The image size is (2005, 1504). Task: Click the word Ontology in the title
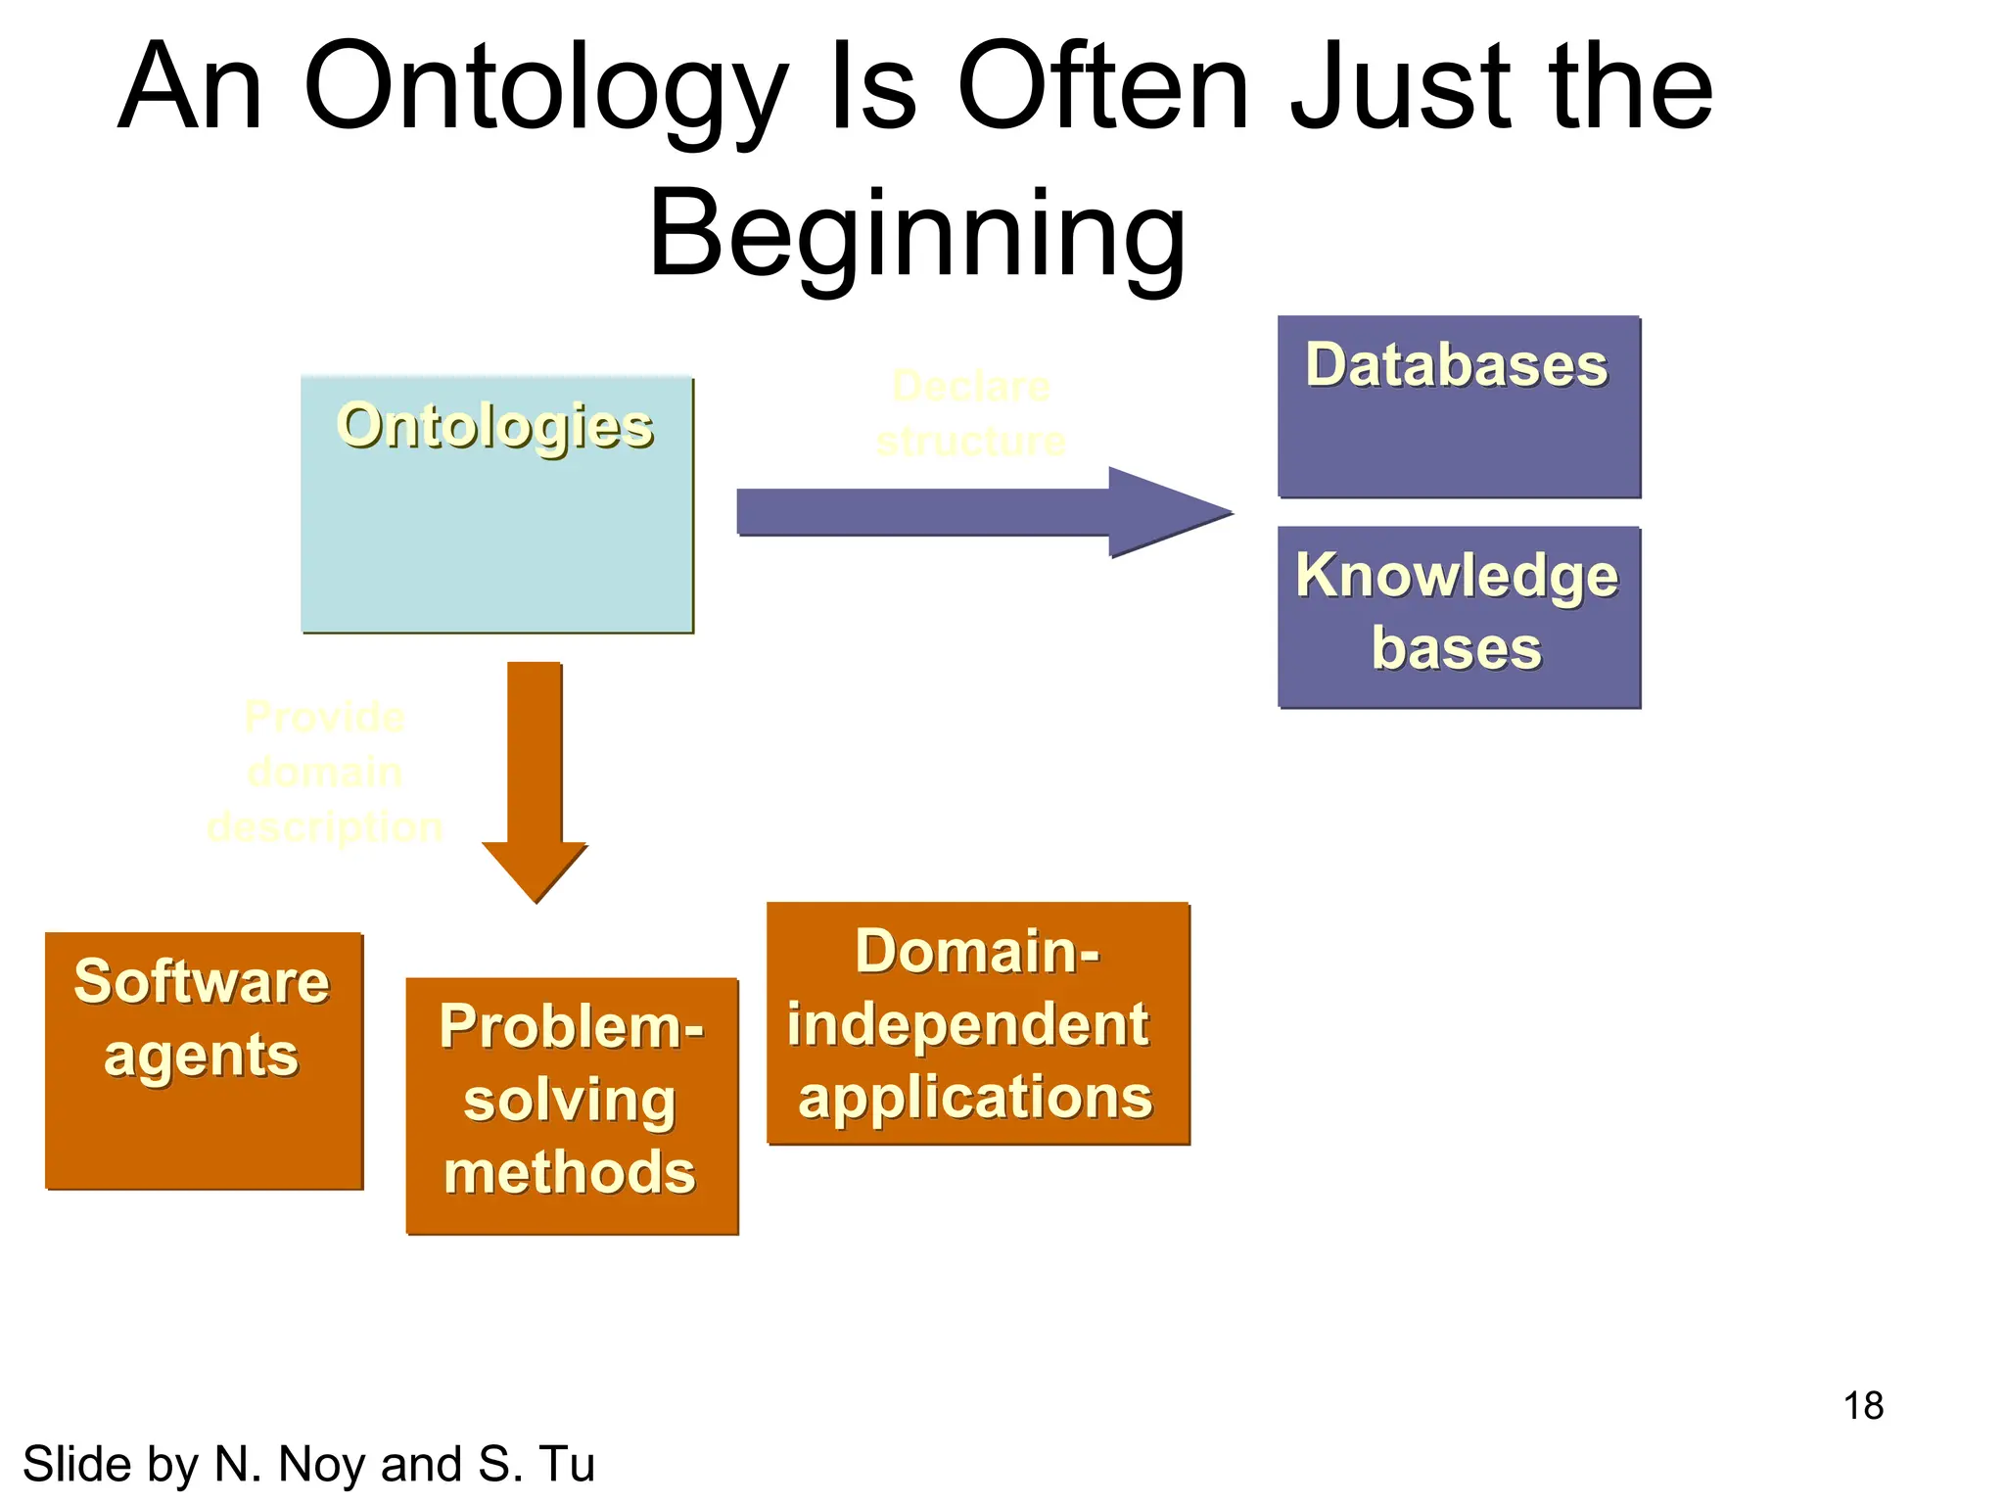[546, 90]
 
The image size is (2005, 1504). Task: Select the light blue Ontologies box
[496, 529]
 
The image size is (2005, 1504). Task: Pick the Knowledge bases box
[1458, 617]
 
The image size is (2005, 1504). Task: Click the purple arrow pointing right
[979, 512]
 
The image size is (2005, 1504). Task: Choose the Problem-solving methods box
[572, 1104]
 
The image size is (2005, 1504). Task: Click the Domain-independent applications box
[977, 1023]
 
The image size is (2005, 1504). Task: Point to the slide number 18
[1863, 1406]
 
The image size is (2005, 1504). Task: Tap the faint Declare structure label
[970, 414]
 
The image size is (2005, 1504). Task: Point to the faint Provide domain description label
[324, 773]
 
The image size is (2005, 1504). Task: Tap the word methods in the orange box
[570, 1172]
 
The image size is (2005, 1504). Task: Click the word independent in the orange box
[967, 1025]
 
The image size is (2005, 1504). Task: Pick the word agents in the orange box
[201, 1057]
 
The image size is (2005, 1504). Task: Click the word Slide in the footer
[77, 1465]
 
